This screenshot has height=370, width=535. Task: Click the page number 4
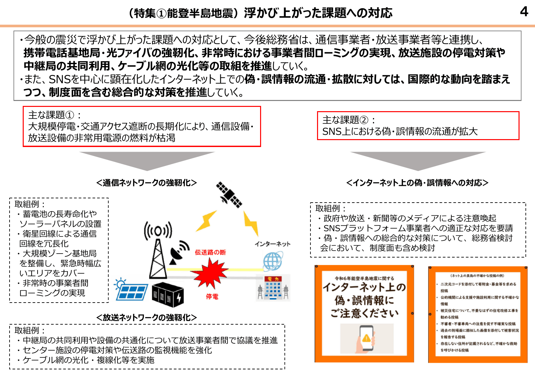pos(524,12)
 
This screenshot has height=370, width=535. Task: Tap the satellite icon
pos(229,195)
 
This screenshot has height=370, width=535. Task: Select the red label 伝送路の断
pos(210,252)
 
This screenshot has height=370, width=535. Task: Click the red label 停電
pos(212,296)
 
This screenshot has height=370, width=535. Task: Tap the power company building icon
pos(273,288)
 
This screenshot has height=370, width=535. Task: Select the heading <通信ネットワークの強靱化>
pos(147,183)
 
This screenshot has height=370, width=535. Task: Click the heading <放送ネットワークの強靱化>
pos(147,317)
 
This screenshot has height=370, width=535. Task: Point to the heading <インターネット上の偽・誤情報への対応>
pos(417,183)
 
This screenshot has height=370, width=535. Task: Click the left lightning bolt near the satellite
pos(206,221)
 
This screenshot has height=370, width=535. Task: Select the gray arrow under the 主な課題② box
pos(418,160)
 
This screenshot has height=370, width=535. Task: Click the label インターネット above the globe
pos(272,244)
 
